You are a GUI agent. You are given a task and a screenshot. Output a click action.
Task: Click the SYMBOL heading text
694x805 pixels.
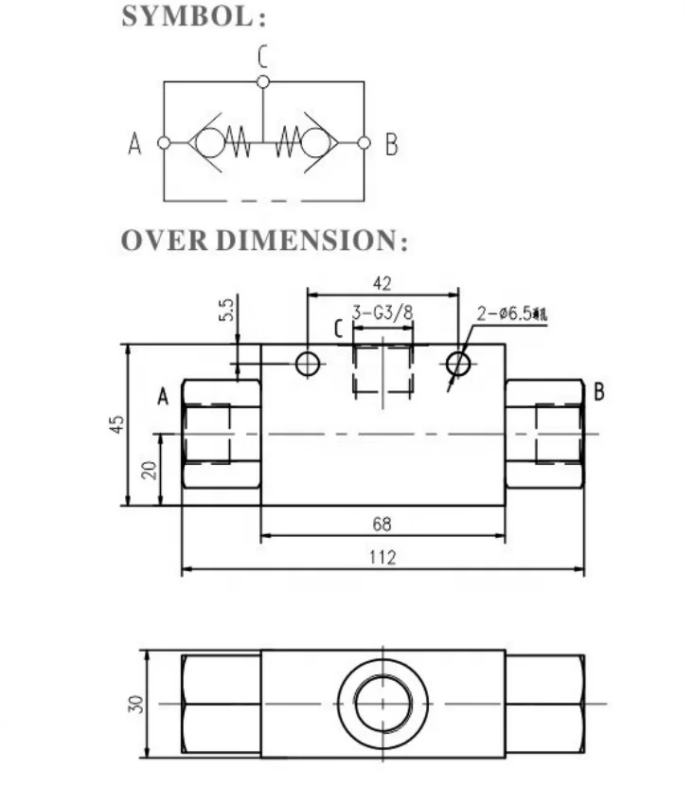click(x=193, y=18)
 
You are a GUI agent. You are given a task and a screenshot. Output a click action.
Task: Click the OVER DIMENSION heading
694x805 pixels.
click(x=264, y=241)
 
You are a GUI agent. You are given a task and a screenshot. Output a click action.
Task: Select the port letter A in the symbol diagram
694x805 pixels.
click(x=134, y=145)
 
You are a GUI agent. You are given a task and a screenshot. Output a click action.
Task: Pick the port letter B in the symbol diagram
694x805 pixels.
click(x=391, y=145)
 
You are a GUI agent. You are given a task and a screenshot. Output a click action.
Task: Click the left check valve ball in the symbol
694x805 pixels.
click(x=211, y=143)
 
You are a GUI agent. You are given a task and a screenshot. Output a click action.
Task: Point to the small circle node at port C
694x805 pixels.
click(x=263, y=82)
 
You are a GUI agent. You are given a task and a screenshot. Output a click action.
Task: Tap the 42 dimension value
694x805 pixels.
click(x=383, y=283)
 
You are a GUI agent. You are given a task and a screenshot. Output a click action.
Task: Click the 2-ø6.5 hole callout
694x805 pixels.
click(x=512, y=313)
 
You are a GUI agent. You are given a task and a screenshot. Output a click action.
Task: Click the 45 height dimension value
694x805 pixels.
click(x=116, y=424)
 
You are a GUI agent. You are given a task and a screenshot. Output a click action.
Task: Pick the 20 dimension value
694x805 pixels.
click(x=149, y=469)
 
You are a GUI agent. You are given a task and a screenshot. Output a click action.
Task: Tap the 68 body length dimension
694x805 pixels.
click(x=383, y=524)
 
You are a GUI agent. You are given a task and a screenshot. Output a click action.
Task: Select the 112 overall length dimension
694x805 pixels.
click(x=383, y=557)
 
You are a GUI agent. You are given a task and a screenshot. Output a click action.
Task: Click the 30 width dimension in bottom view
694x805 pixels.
click(x=134, y=704)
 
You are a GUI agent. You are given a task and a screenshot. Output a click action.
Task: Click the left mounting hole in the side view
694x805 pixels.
click(x=308, y=364)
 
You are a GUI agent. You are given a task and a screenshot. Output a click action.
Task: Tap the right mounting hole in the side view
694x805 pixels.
click(x=458, y=364)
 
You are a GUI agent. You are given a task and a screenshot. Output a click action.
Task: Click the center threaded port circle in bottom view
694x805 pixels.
click(x=383, y=704)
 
